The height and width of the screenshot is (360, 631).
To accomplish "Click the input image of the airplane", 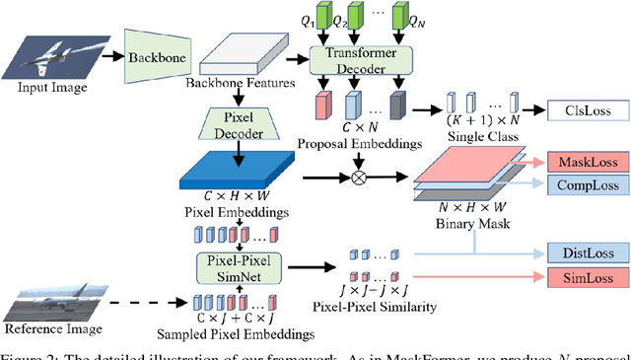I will point(56,54).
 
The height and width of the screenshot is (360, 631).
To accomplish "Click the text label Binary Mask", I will point(467,226).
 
